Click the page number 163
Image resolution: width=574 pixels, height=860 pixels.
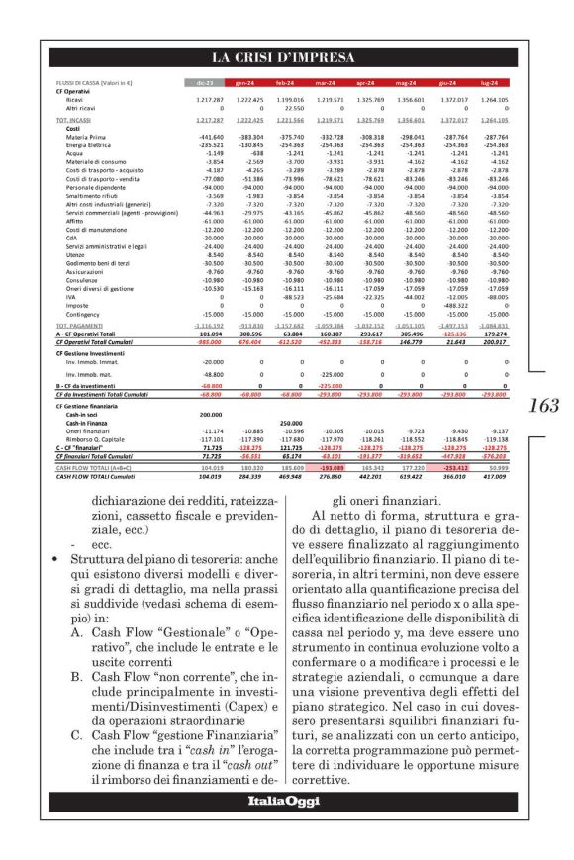(544, 405)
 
